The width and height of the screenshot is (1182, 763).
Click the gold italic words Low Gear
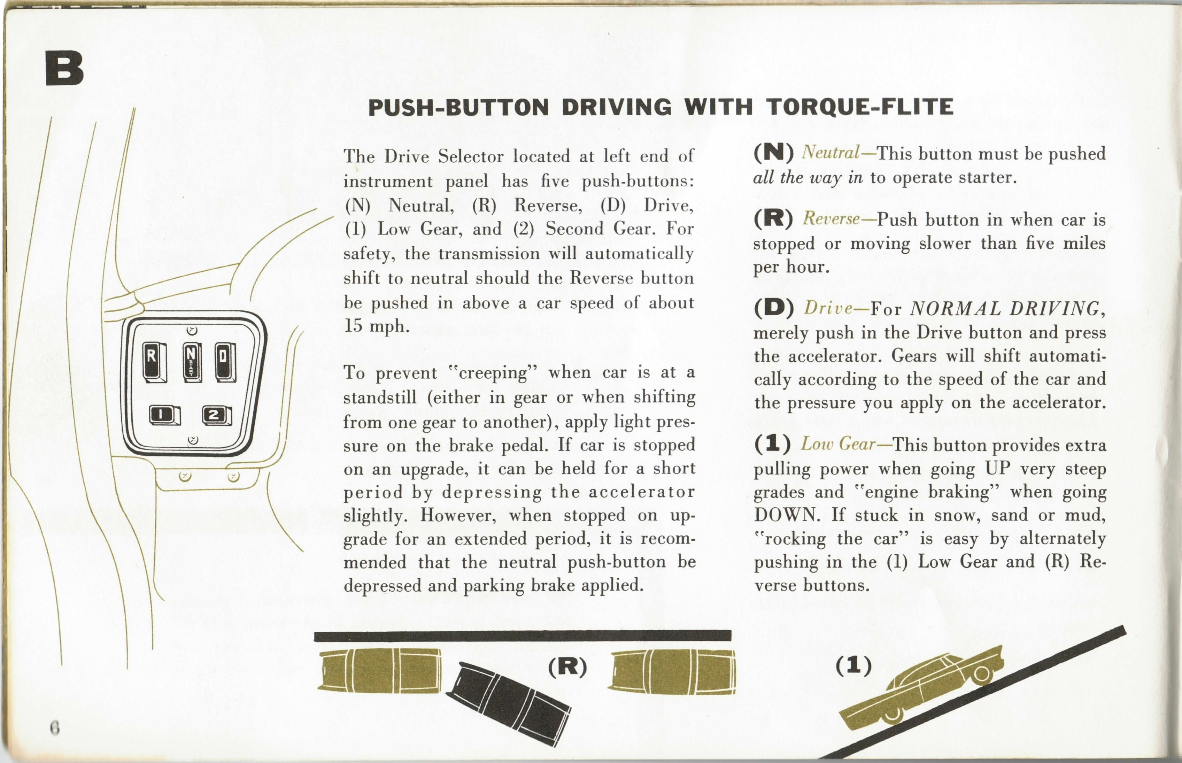838,444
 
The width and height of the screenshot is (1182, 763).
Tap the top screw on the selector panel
192,331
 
